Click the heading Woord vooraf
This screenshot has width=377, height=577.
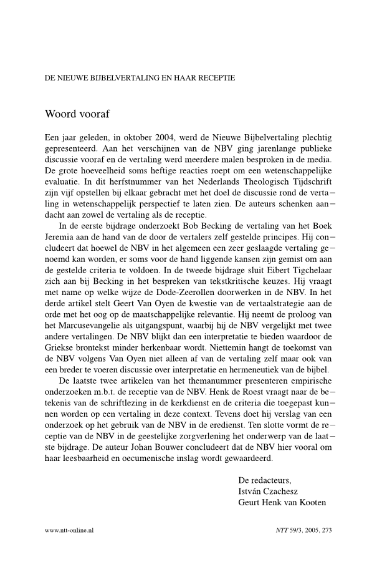(79, 114)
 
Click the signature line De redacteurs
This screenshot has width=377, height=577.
(265, 480)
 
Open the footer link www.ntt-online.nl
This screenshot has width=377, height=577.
(69, 530)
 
